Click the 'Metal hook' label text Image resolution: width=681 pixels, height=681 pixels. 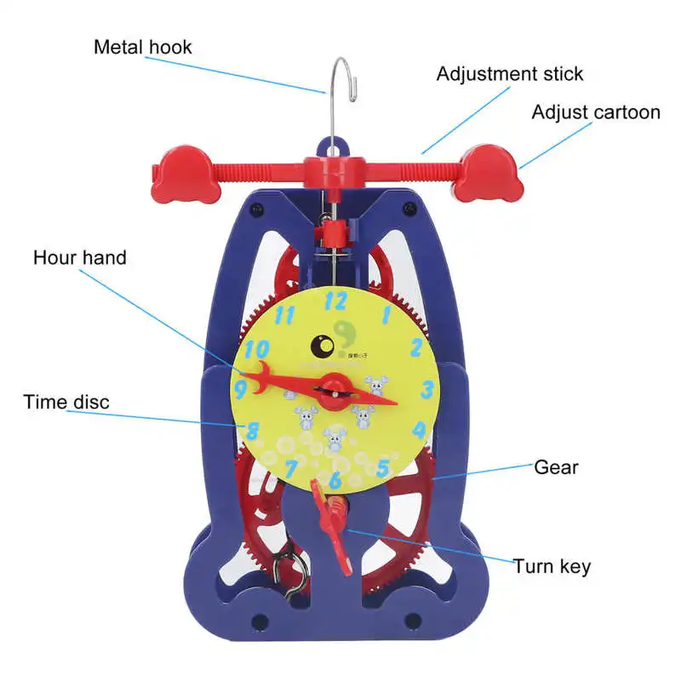click(143, 46)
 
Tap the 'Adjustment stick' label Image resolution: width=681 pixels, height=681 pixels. click(510, 73)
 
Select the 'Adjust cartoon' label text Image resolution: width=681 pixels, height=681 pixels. click(596, 112)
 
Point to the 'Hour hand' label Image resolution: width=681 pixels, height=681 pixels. click(80, 257)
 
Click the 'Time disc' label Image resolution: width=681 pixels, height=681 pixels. click(66, 402)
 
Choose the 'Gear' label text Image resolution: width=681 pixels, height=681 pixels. click(556, 466)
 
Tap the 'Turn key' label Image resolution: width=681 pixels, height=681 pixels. click(552, 565)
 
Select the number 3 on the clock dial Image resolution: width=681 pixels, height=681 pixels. click(427, 389)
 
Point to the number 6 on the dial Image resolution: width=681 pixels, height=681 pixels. click(335, 481)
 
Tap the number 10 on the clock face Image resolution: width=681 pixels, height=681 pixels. click(256, 349)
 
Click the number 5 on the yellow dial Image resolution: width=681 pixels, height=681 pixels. click(383, 467)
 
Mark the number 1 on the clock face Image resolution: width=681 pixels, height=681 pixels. click(386, 314)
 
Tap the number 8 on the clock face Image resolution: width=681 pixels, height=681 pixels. click(253, 430)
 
